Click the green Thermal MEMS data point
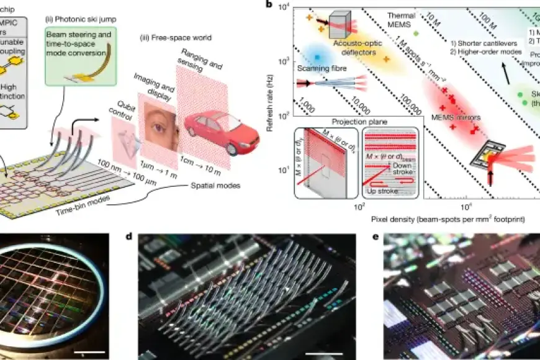coord(416,32)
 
